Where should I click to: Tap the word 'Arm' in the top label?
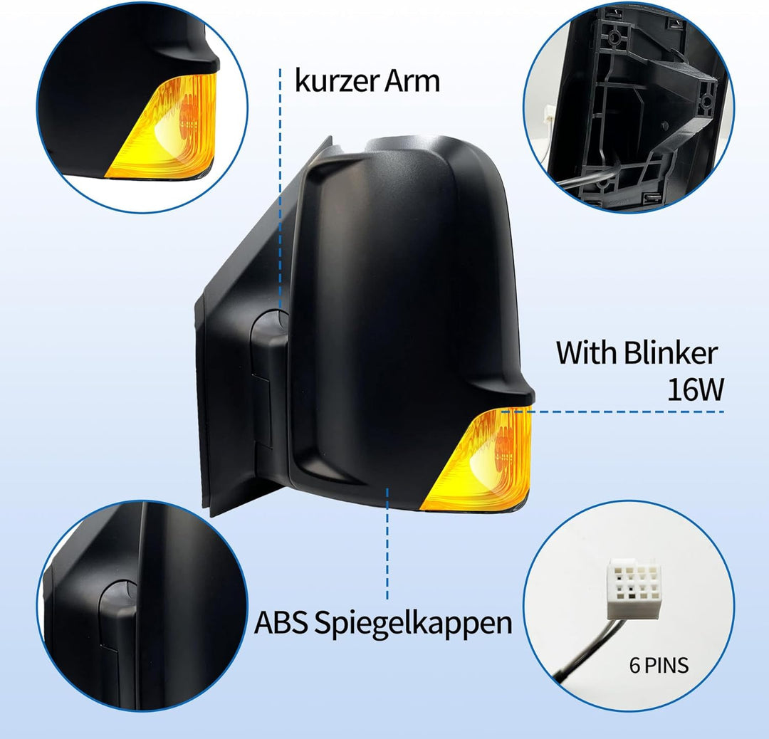tap(412, 81)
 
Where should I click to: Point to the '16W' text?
tap(696, 389)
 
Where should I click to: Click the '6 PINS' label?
tap(659, 666)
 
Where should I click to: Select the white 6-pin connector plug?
tap(634, 589)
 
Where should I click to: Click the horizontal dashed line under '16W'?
tap(613, 412)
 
